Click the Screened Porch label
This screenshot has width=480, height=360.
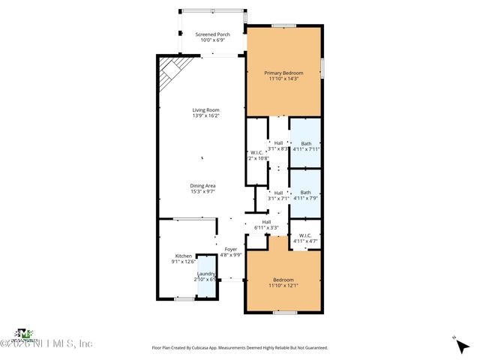pos(212,34)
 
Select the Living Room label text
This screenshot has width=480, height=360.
pos(202,110)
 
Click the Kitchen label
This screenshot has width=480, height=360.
pos(184,256)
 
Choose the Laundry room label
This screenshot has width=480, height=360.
pos(206,274)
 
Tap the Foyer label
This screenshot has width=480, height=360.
pos(231,248)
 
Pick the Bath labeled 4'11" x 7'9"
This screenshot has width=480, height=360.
pos(305,193)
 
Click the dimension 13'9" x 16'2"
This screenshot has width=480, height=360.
pos(202,116)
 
